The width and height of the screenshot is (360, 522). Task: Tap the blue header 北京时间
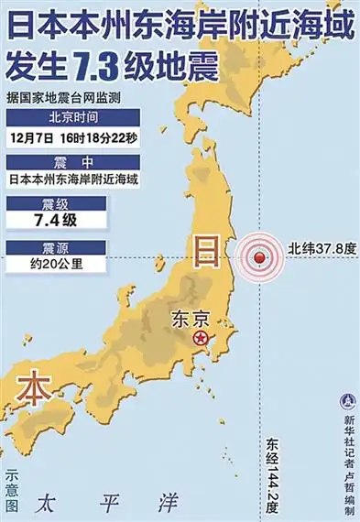[x=72, y=117]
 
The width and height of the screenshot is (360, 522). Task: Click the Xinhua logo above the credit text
[x=348, y=400]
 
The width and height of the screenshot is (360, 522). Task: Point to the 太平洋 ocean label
[x=109, y=502]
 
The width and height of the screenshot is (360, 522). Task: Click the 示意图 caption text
[x=11, y=491]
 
